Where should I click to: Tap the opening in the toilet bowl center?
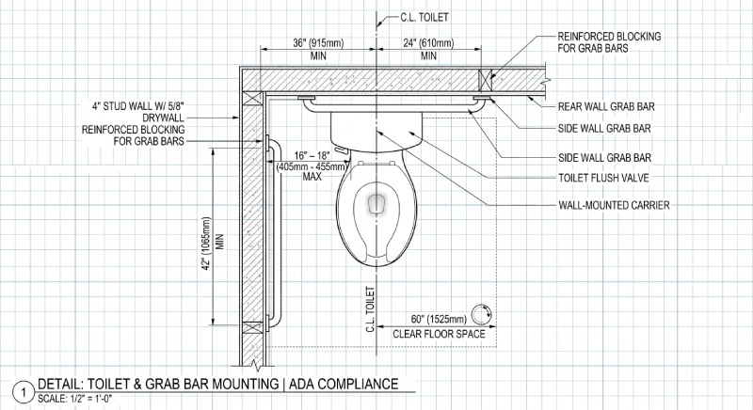click(376, 201)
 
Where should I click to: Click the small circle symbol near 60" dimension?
click(484, 315)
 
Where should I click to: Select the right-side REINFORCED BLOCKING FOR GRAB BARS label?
click(602, 41)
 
